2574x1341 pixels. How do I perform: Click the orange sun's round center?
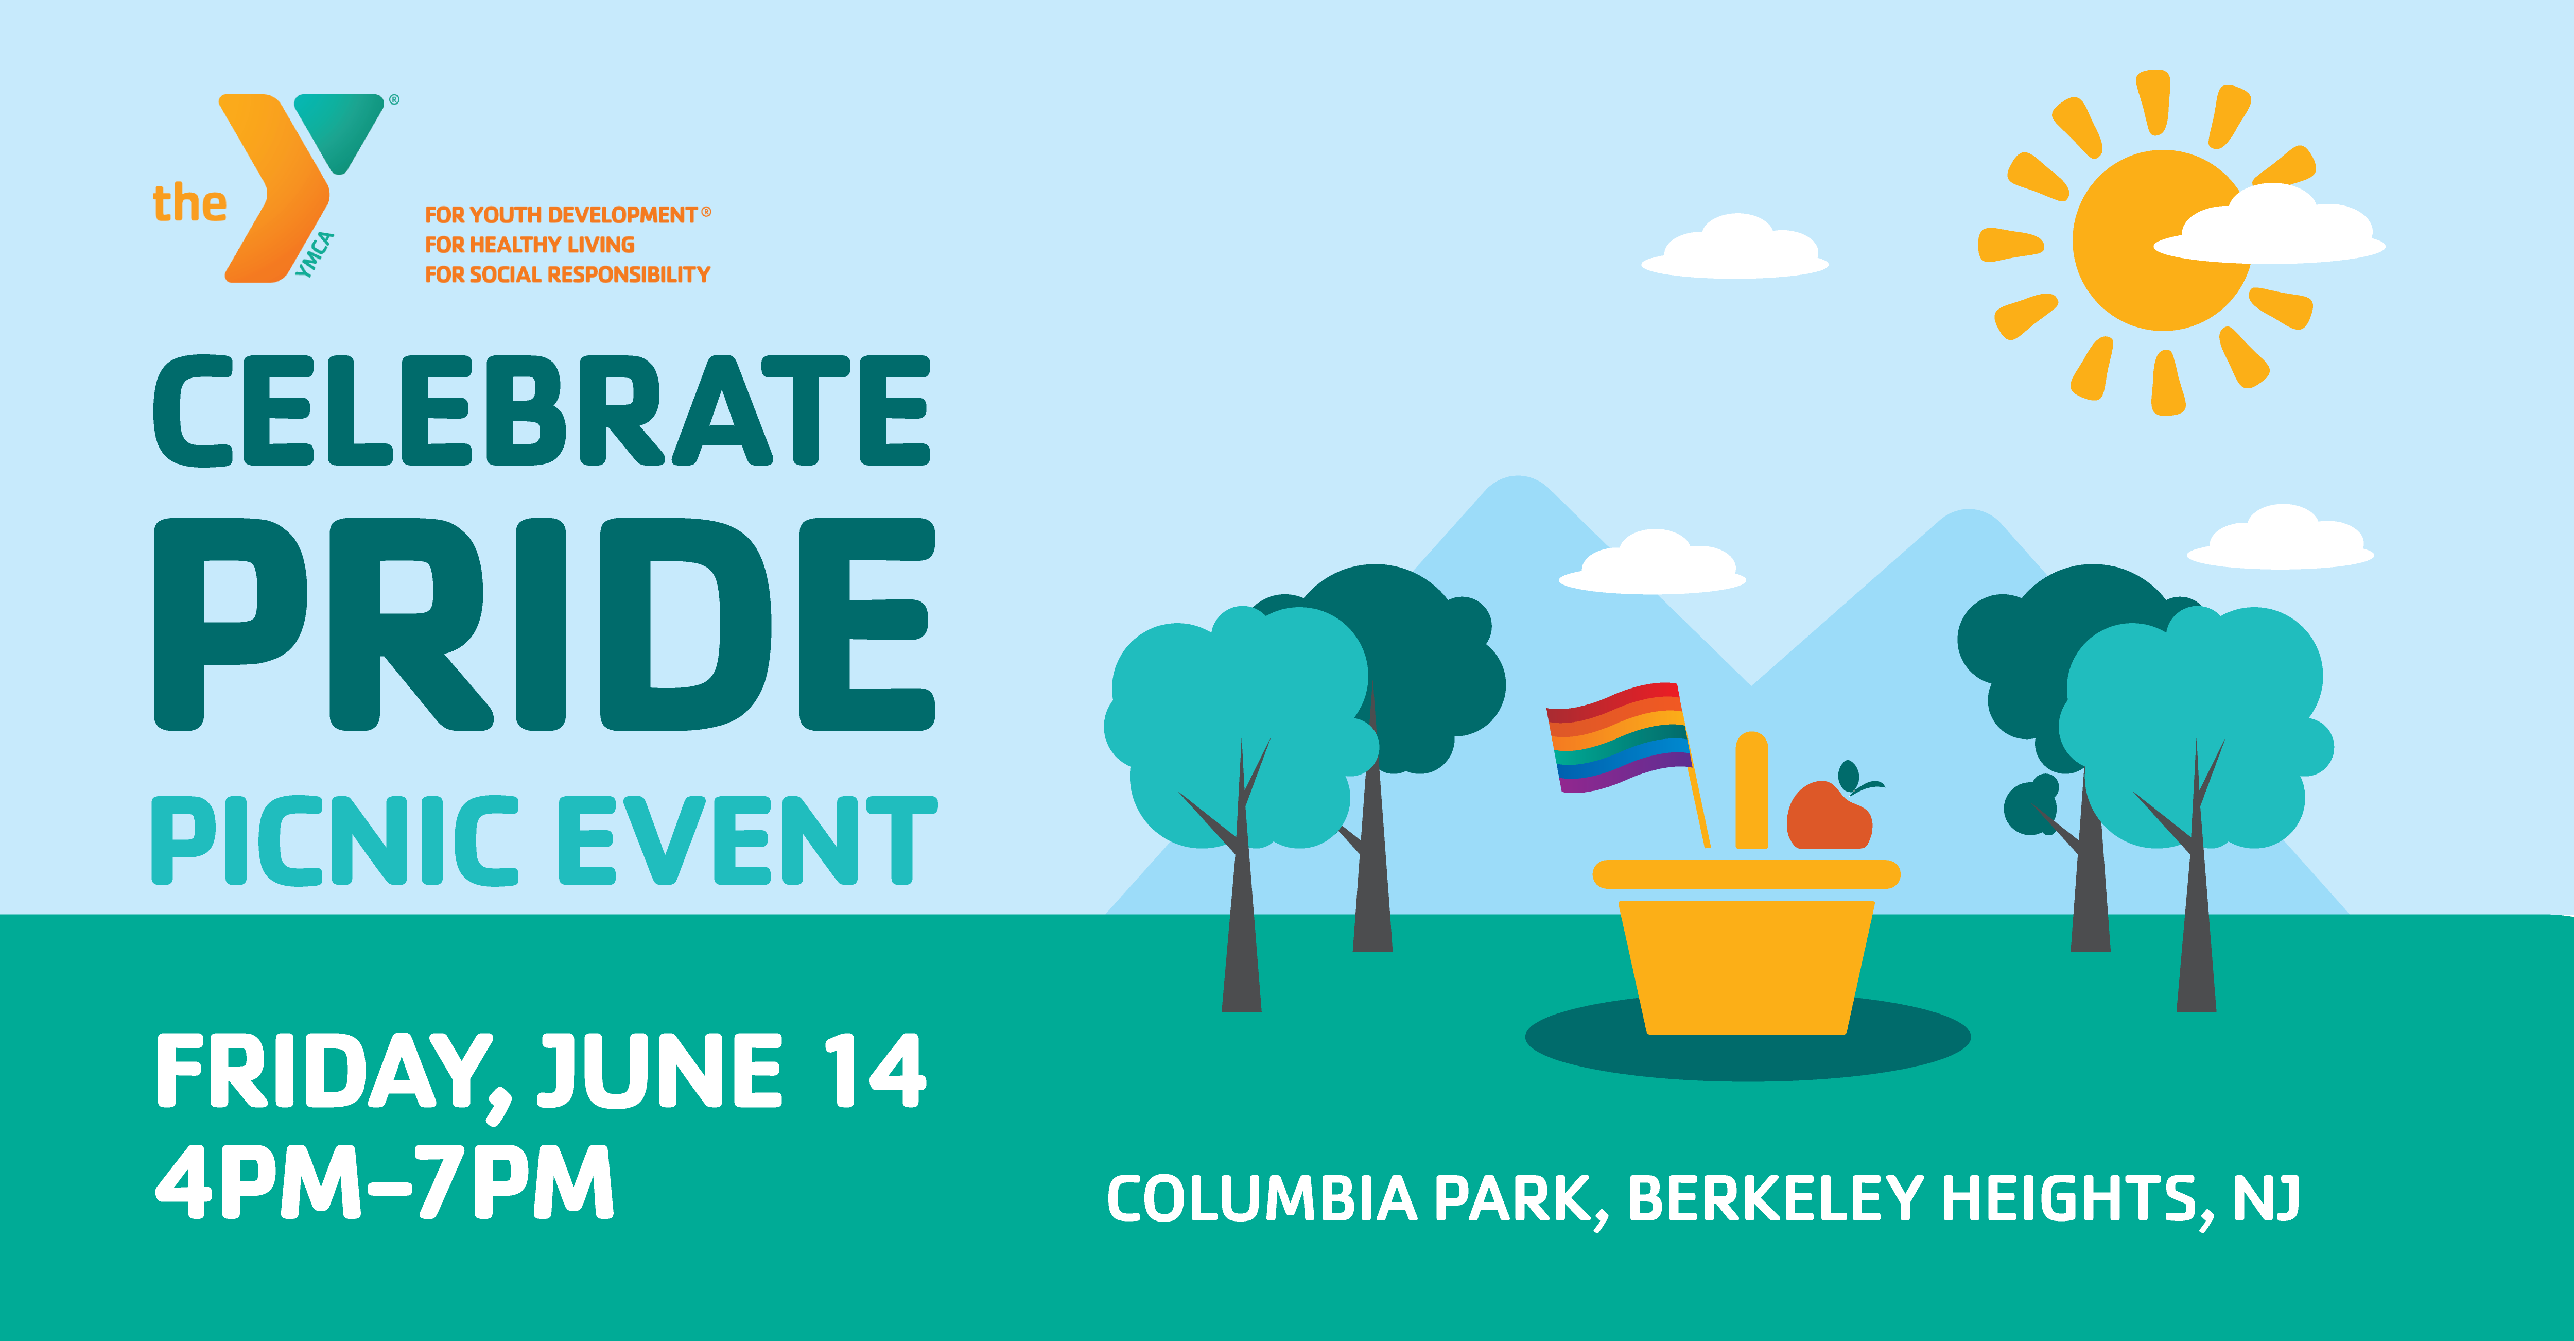point(2159,240)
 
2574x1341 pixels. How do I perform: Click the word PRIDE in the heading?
point(545,625)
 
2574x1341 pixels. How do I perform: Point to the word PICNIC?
point(335,840)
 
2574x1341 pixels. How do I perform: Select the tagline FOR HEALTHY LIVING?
point(530,245)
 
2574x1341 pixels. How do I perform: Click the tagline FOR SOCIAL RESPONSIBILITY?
point(567,275)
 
